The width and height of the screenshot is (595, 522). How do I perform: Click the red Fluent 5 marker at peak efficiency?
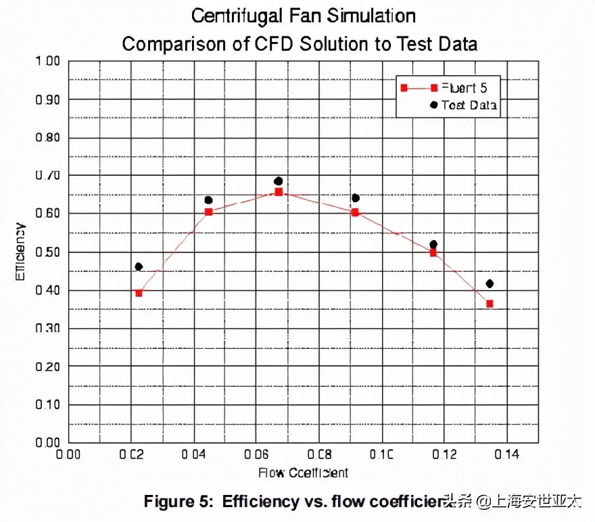pos(279,192)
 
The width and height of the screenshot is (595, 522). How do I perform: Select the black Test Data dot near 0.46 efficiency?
pos(139,266)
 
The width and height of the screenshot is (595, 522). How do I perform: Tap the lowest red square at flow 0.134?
pos(490,304)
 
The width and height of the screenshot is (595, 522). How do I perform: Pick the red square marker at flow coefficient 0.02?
pos(139,293)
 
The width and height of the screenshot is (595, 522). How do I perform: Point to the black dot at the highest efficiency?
pos(278,181)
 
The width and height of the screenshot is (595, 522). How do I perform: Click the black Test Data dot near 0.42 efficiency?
pos(490,283)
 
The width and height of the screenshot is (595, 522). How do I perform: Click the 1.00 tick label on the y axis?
pos(48,62)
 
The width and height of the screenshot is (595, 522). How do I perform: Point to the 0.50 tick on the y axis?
pos(48,252)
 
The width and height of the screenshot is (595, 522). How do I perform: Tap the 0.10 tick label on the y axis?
pos(48,404)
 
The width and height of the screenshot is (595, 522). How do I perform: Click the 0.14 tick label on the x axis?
pos(506,455)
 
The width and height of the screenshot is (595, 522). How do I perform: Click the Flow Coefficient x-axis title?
pos(303,472)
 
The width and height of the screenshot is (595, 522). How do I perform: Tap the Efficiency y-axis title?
pos(22,252)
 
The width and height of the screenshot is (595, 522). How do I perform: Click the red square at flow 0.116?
pos(433,253)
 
